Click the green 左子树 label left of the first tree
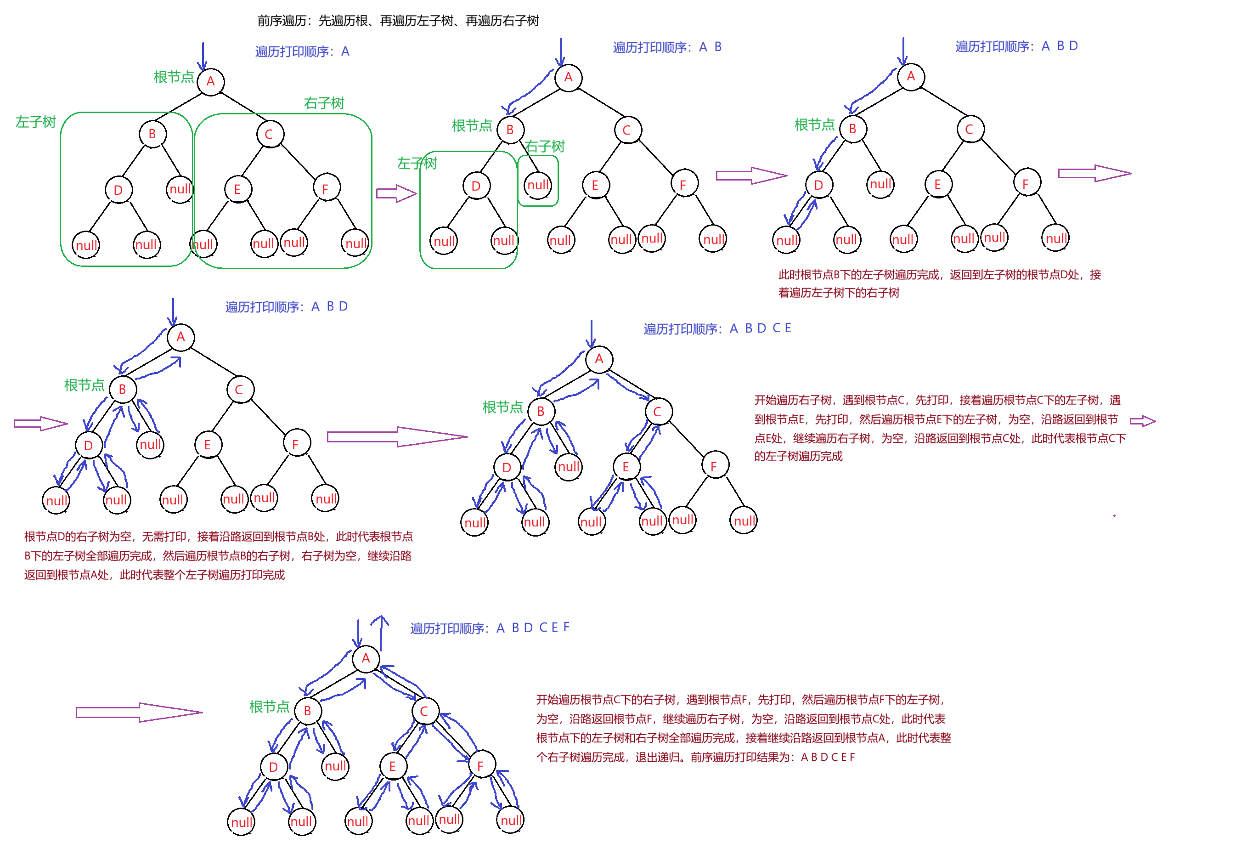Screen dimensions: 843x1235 (35, 122)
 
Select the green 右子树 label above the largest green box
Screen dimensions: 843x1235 (324, 102)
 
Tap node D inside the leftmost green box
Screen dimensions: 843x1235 (118, 190)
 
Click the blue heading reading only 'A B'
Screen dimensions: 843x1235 (667, 47)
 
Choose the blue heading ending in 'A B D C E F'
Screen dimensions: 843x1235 (490, 628)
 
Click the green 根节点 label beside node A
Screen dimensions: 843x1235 (174, 77)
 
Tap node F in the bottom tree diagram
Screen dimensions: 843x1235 (480, 766)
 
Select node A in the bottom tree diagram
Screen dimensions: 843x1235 (366, 658)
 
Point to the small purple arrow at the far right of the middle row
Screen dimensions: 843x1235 (1142, 421)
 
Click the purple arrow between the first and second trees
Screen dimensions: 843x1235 (396, 193)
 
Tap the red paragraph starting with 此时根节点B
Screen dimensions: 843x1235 (939, 283)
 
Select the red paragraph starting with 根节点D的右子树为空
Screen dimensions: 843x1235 (218, 555)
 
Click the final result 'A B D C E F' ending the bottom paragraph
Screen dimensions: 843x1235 (828, 757)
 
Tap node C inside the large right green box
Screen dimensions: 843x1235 (268, 135)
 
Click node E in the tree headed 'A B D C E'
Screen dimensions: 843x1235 (626, 467)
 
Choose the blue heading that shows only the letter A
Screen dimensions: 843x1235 (302, 51)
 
